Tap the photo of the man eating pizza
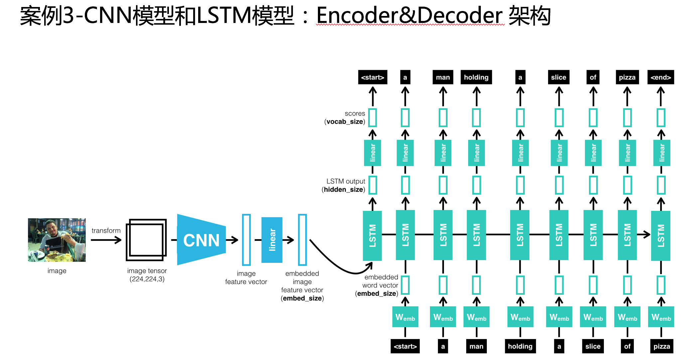point(57,240)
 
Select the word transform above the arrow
point(106,231)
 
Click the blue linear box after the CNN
point(272,240)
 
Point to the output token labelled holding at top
point(476,77)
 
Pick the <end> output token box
point(660,77)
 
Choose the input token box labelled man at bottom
point(476,346)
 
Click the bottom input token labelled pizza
point(661,346)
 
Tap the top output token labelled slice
point(558,77)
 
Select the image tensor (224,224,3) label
point(147,275)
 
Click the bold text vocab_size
point(345,122)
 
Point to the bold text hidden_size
point(344,190)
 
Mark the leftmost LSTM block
point(372,235)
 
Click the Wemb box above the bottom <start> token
point(405,317)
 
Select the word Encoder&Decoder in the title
point(409,16)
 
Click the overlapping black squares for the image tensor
point(146,240)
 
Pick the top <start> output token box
point(372,77)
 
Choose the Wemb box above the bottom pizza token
point(661,317)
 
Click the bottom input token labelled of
point(627,346)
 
